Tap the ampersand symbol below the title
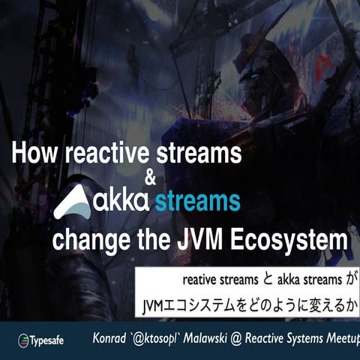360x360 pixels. pos(149,178)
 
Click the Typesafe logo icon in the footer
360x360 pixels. pos(22,340)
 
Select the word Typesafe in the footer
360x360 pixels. pos(47,340)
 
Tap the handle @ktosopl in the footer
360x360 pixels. pos(165,338)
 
